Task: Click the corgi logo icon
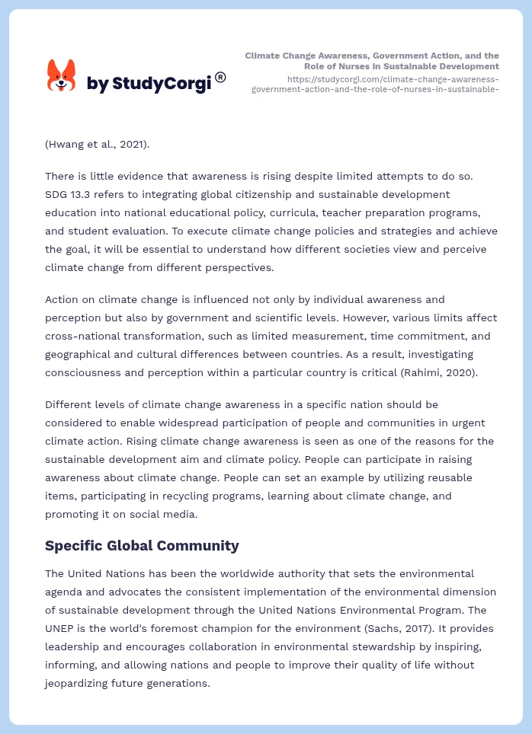pyautogui.click(x=61, y=76)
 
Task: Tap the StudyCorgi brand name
pyautogui.click(x=149, y=84)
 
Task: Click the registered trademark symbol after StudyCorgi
pyautogui.click(x=220, y=77)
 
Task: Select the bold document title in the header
pyautogui.click(x=372, y=61)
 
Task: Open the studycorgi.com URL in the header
pyautogui.click(x=375, y=84)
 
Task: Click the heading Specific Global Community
pyautogui.click(x=142, y=545)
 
